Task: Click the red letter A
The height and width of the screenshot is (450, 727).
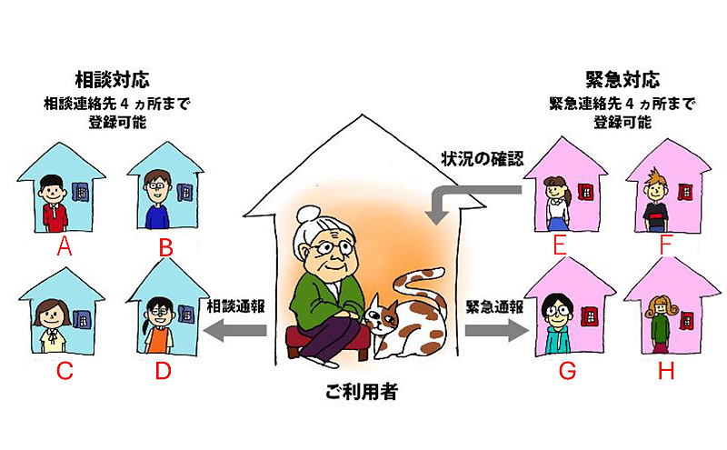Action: [x=64, y=246]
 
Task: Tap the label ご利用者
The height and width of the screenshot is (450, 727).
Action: [x=361, y=394]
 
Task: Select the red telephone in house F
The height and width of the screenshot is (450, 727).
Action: [x=683, y=192]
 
